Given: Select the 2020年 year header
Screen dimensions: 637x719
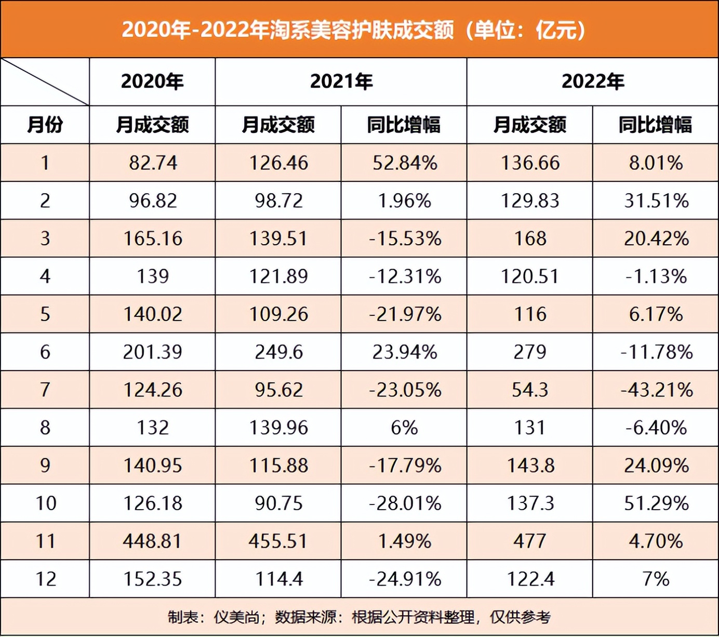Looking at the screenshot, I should [x=152, y=82].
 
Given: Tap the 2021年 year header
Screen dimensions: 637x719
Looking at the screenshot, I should [x=341, y=82].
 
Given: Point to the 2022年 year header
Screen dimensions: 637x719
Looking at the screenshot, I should [x=593, y=82].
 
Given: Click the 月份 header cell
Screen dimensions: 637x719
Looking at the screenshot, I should [x=45, y=125].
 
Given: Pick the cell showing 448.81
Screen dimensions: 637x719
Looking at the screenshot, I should [x=152, y=541].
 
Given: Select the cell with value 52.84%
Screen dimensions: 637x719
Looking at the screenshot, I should [x=405, y=163].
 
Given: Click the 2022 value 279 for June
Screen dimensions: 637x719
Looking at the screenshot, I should [x=530, y=352].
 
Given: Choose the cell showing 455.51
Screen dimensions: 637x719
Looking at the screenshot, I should [x=278, y=541].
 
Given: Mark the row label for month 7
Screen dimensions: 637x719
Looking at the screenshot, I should [x=45, y=390].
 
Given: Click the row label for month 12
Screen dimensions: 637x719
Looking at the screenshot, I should [x=45, y=579].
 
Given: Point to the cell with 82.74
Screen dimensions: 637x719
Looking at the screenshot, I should [x=153, y=163].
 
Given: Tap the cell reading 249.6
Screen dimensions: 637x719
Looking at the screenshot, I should [x=279, y=352].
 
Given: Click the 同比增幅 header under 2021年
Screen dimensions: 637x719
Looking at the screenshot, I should [x=404, y=125].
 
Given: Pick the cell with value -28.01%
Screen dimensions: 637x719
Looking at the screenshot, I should [x=405, y=503].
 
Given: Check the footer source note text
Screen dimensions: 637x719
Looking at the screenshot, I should [x=359, y=617].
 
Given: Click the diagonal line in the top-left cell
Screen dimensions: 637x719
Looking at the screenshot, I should [x=45, y=82].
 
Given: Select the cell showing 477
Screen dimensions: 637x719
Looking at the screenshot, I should [x=530, y=541].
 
